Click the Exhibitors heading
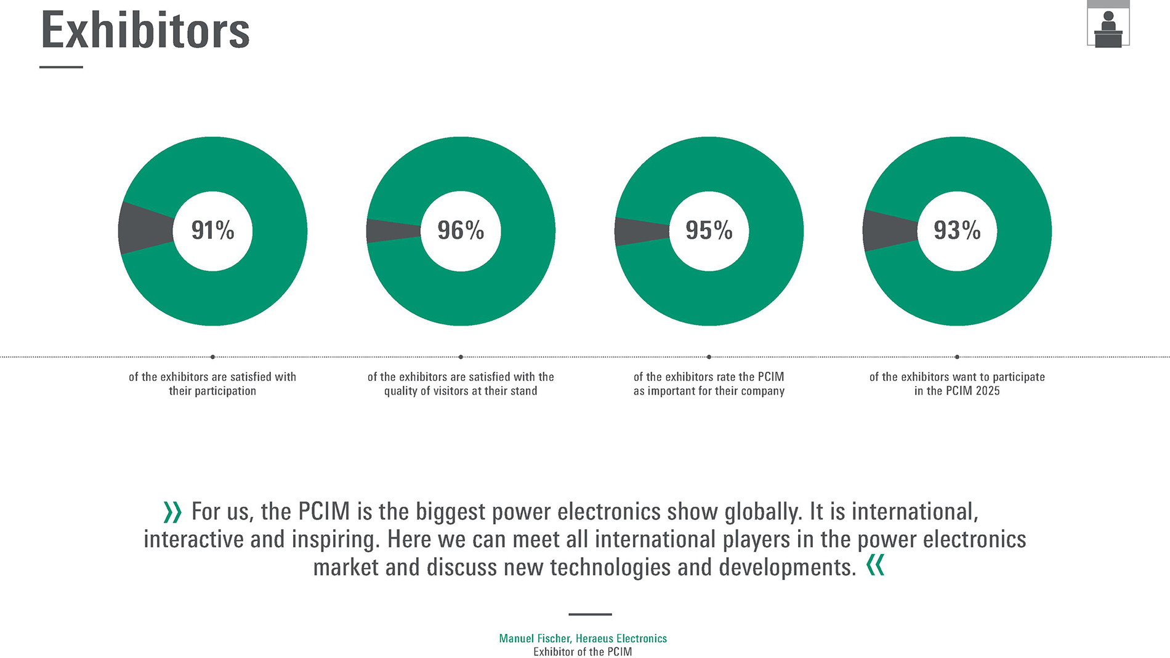[x=145, y=30]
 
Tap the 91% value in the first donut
[x=212, y=231]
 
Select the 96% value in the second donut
[x=461, y=231]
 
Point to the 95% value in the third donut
[x=709, y=231]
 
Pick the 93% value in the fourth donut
[x=957, y=231]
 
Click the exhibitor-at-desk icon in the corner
[x=1108, y=28]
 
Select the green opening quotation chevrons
[x=172, y=512]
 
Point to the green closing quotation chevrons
[x=875, y=565]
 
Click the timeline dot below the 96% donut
[x=461, y=357]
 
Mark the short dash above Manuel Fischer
[x=590, y=614]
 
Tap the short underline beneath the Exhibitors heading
[x=61, y=67]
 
